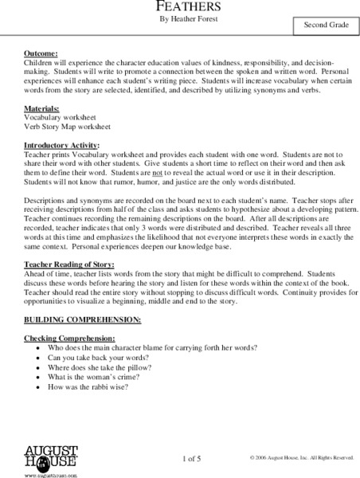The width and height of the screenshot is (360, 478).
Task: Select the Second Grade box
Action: (324, 27)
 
